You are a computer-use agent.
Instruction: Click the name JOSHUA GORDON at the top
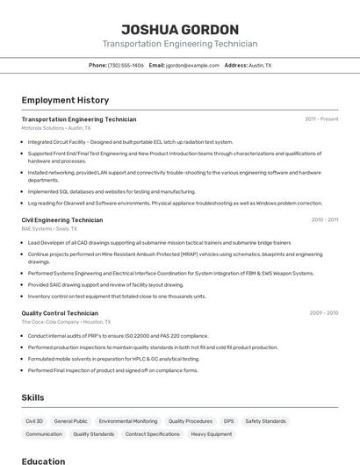click(179, 30)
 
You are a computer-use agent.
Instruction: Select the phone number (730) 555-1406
click(126, 65)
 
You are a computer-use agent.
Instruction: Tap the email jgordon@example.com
click(192, 65)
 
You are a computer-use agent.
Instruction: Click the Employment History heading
click(65, 100)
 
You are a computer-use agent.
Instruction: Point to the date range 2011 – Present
click(321, 119)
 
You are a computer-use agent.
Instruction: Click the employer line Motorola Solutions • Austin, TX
click(56, 128)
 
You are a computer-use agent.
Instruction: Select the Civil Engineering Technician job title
click(62, 220)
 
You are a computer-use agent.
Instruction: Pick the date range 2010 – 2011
click(324, 220)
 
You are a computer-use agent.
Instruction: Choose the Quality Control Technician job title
click(60, 313)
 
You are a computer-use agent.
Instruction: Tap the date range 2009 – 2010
click(324, 313)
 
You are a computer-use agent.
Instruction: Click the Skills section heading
click(33, 397)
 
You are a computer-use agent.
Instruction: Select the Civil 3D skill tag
click(34, 421)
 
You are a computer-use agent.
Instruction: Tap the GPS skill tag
click(228, 421)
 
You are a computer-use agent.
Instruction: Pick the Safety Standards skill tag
click(265, 421)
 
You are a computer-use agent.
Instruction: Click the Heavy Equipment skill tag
click(212, 433)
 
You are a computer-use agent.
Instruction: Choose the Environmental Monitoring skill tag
click(128, 421)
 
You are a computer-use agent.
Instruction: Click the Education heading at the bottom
click(44, 461)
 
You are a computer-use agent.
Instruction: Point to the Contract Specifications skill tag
click(152, 433)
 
